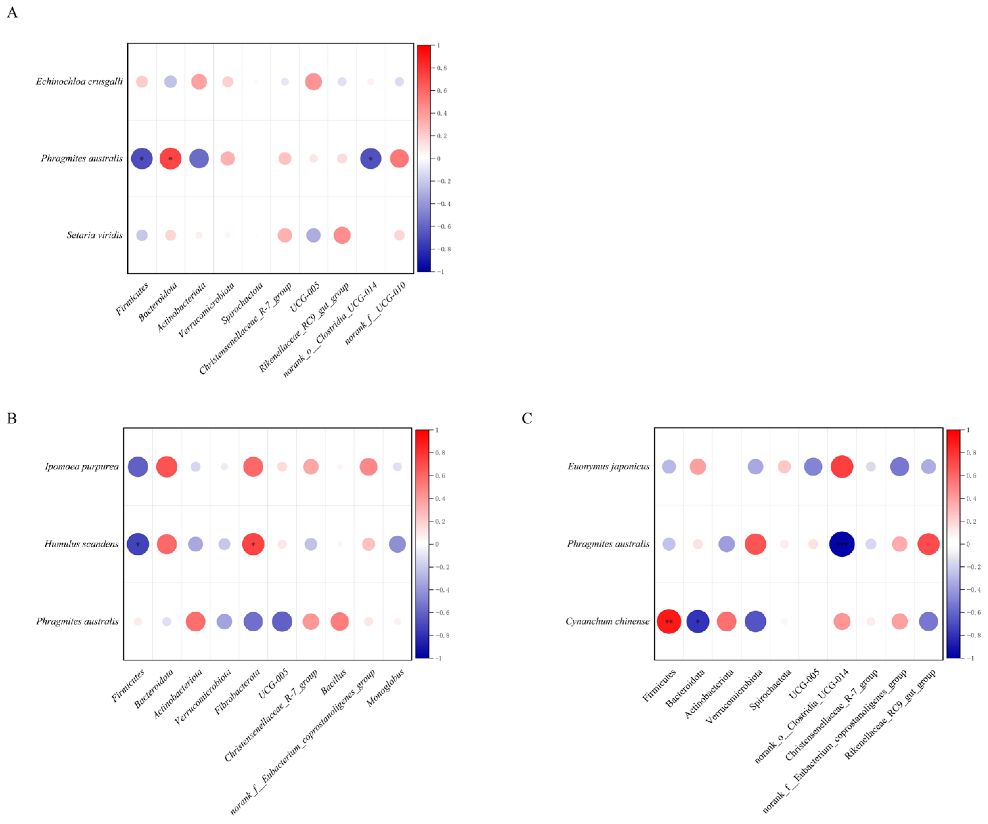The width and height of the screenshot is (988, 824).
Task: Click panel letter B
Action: [12, 418]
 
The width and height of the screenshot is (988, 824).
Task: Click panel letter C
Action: [527, 418]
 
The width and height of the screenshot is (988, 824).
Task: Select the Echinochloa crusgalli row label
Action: [79, 82]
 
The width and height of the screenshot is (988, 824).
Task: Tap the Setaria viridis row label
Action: [94, 235]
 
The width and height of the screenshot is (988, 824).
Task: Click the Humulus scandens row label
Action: [82, 544]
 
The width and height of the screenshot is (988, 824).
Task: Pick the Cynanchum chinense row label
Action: [607, 621]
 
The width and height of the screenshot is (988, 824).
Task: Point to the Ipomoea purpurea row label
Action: [82, 467]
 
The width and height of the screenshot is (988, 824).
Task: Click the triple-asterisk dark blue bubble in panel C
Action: [842, 544]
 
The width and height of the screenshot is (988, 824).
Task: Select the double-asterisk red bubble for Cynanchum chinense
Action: [669, 621]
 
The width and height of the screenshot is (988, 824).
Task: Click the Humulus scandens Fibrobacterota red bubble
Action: [253, 544]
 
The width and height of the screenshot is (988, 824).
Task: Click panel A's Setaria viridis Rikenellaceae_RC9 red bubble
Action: [342, 235]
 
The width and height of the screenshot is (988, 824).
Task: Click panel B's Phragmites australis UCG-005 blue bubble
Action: [282, 621]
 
